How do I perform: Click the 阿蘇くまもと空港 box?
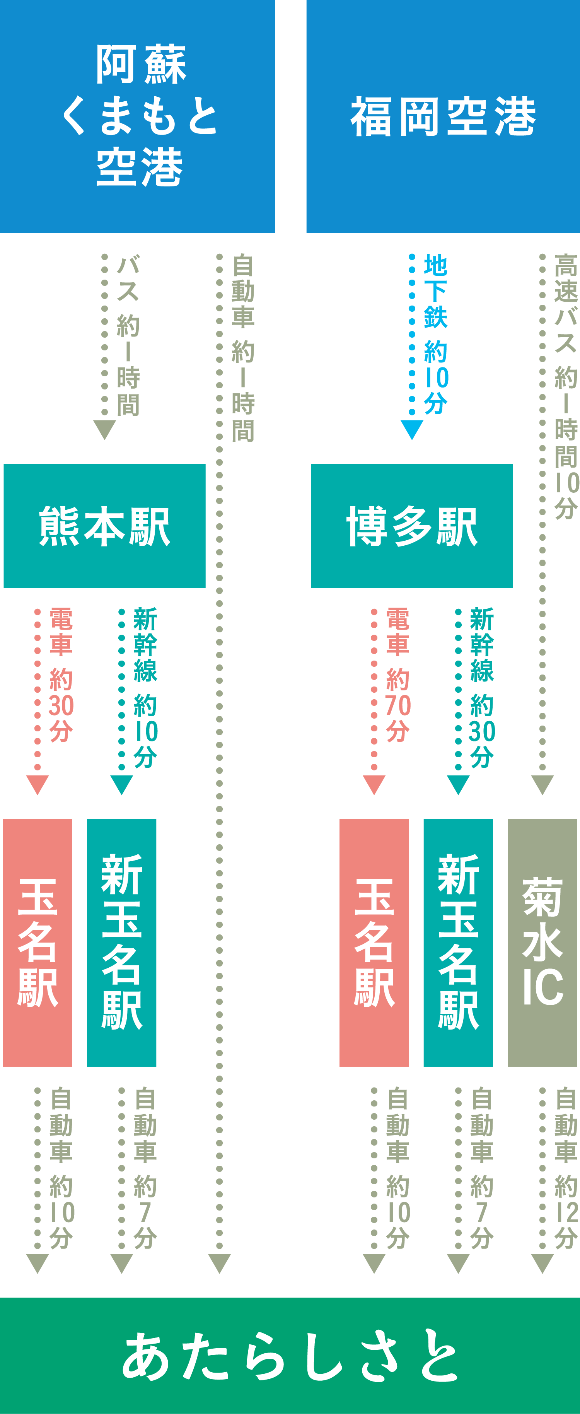click(x=137, y=116)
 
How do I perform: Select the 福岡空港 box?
click(x=443, y=116)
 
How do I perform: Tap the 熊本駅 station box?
click(x=104, y=526)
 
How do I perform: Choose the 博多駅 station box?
click(x=411, y=526)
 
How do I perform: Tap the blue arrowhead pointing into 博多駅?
click(x=411, y=429)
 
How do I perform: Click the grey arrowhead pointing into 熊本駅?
click(x=104, y=429)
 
